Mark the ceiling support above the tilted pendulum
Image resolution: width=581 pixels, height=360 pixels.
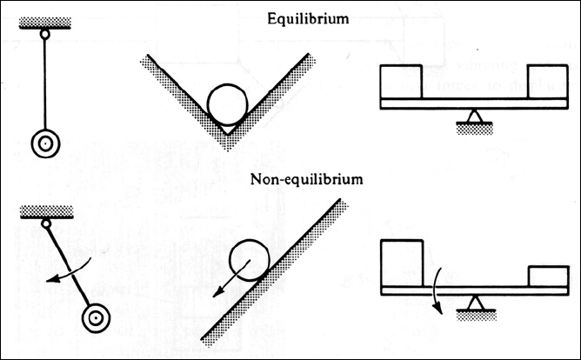41,211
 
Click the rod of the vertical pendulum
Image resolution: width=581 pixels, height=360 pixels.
41,83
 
